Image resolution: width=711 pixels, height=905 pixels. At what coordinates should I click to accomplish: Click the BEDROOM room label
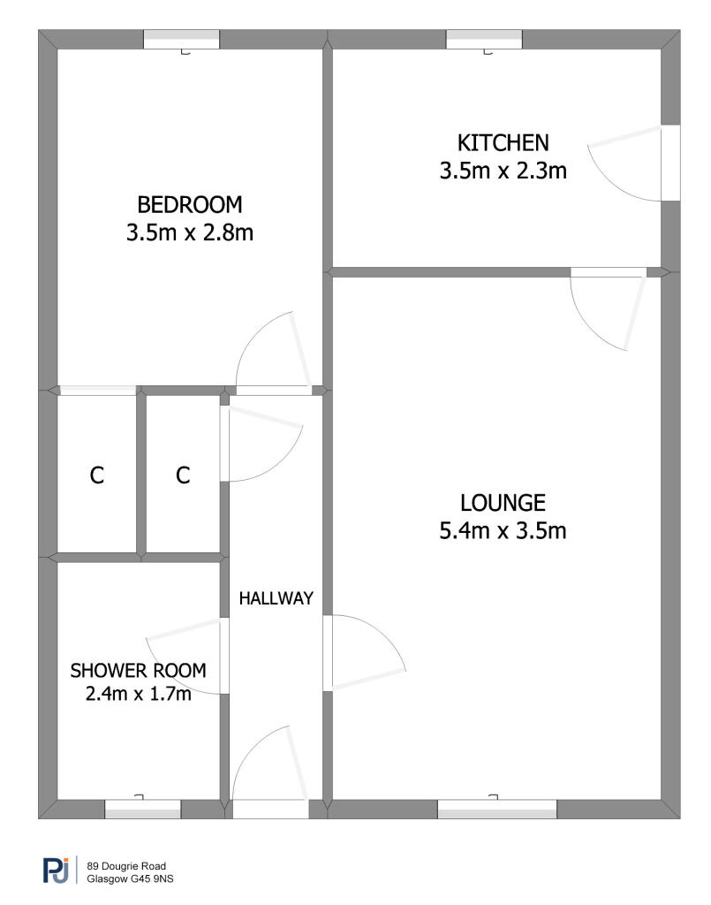[190, 205]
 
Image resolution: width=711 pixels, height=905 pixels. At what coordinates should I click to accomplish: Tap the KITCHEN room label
[503, 142]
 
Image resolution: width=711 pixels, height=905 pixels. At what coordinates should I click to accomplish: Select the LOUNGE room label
[503, 503]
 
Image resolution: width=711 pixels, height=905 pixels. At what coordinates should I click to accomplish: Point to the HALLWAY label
[276, 598]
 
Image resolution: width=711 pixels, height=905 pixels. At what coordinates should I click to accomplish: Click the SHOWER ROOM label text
[139, 670]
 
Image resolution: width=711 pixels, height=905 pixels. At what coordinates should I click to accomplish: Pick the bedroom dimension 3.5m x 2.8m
[190, 232]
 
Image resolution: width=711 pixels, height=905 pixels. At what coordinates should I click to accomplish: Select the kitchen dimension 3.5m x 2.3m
[503, 171]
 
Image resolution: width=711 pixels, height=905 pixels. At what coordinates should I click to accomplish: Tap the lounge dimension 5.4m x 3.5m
[503, 530]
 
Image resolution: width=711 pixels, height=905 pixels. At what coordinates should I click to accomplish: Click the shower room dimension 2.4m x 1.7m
[139, 693]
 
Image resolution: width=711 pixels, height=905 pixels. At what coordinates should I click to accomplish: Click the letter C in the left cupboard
[97, 475]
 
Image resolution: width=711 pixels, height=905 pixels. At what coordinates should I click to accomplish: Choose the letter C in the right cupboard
[183, 475]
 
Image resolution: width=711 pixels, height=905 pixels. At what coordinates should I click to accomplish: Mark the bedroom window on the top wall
[182, 39]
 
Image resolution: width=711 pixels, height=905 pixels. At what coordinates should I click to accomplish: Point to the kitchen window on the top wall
[484, 39]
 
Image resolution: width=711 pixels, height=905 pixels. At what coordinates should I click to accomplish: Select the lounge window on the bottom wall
[497, 809]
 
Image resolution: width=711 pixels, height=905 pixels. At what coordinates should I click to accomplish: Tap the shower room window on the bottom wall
[143, 809]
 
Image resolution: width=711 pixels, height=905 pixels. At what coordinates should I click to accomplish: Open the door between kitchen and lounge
[609, 308]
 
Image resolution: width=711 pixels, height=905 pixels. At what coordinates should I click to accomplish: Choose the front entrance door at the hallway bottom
[270, 772]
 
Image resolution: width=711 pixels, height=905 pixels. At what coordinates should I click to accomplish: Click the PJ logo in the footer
[56, 870]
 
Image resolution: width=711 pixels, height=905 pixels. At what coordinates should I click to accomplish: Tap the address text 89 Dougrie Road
[126, 866]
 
